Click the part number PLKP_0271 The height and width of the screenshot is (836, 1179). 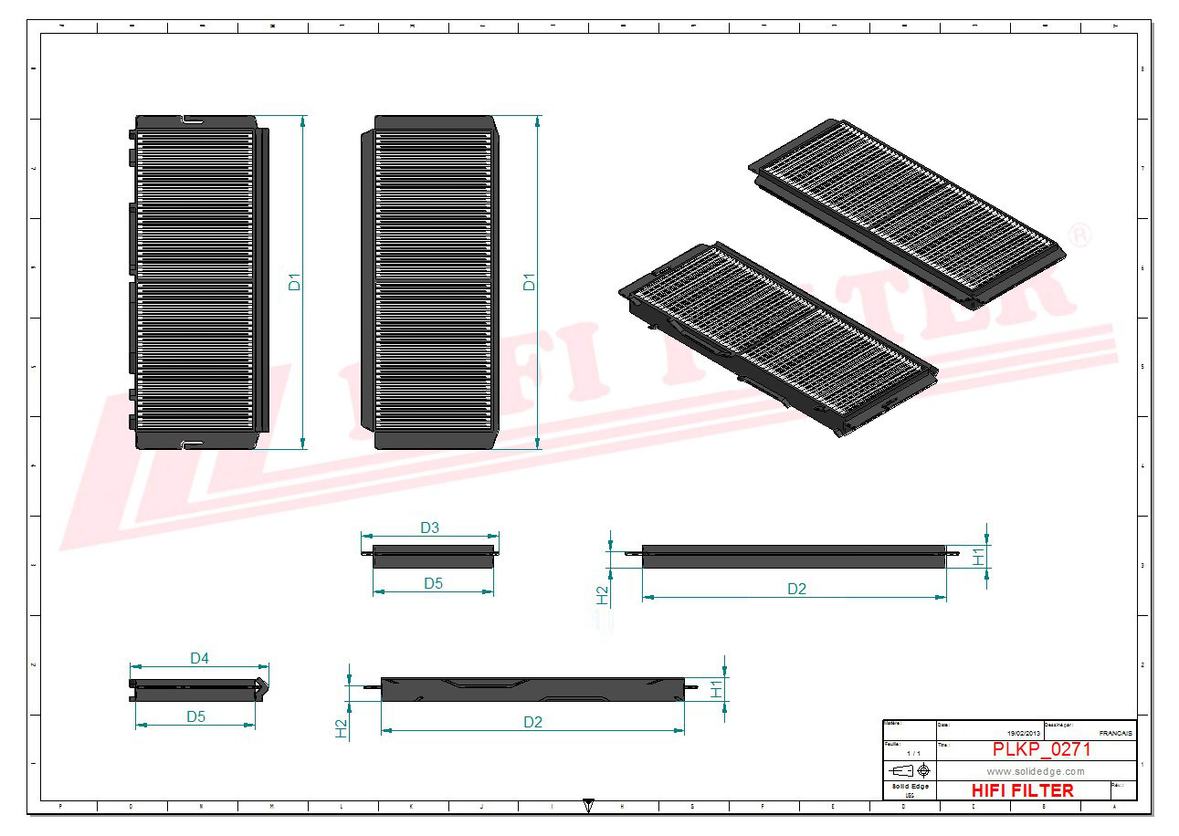point(1041,749)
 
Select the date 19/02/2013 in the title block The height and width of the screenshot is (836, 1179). point(1023,733)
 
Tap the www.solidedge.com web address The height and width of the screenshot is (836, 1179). point(1036,771)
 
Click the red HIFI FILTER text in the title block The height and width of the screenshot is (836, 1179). point(1023,790)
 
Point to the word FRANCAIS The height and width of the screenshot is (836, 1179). point(1115,733)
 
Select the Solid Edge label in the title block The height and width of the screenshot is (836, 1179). point(909,787)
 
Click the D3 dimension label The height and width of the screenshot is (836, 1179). point(429,528)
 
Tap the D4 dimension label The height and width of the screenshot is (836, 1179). point(199,658)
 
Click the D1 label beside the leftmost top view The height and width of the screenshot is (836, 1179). point(295,282)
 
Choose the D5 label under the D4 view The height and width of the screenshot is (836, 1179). point(195,716)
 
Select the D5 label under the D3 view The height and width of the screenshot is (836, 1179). point(433,583)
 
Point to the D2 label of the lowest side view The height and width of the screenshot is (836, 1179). point(533,722)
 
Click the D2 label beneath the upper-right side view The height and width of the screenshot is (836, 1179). point(797,589)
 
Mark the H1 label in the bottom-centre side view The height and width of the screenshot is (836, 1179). point(718,689)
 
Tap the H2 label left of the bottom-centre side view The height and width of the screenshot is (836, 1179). point(342,727)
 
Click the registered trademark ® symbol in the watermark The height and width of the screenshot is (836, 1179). point(1079,235)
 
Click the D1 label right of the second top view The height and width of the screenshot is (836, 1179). point(529,282)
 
